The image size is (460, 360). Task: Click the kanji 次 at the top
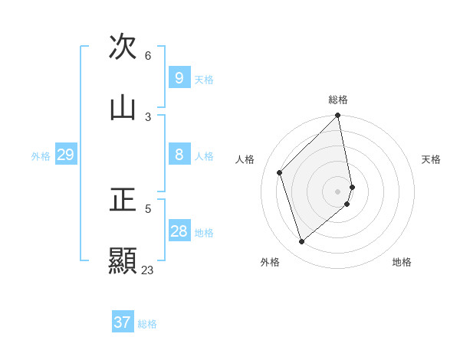tap(123, 47)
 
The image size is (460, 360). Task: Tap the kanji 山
tap(123, 107)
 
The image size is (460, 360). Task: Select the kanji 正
tap(123, 199)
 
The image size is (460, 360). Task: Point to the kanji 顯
tap(123, 260)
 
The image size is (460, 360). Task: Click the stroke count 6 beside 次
tap(148, 56)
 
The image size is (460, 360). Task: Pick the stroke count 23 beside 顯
tap(147, 270)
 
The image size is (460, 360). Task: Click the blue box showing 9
tap(179, 78)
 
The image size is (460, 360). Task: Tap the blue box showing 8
tap(179, 155)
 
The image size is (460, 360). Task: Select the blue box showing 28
tap(179, 231)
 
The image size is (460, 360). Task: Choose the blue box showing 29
tap(65, 155)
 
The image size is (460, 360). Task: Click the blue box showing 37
tap(122, 322)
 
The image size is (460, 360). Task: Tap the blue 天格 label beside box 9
tap(204, 79)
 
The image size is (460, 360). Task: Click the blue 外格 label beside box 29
tap(41, 155)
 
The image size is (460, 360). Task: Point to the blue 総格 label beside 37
tap(147, 323)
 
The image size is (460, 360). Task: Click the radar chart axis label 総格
tap(338, 100)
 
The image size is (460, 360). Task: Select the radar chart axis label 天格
tap(431, 159)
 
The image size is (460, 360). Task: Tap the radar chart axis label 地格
tap(402, 262)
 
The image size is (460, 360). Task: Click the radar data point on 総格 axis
tap(338, 116)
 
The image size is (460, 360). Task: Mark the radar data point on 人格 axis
tap(280, 172)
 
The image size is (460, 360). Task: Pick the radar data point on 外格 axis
tap(302, 241)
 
